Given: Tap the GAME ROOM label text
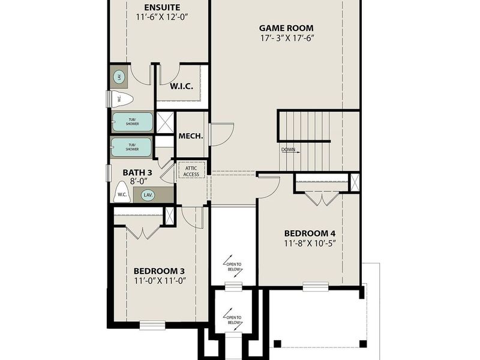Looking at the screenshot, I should coord(286,28).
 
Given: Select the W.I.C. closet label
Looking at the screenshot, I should coord(181,86).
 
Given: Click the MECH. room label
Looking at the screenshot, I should coord(191,136).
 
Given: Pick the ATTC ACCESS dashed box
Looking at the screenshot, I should coord(191,170).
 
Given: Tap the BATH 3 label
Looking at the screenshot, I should coord(137,173).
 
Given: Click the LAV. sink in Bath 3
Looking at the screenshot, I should coord(148,195).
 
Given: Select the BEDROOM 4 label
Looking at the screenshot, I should coord(310,233).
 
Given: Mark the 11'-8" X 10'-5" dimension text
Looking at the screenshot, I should coord(310,243).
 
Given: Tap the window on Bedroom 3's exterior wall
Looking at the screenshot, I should coord(152,326).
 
